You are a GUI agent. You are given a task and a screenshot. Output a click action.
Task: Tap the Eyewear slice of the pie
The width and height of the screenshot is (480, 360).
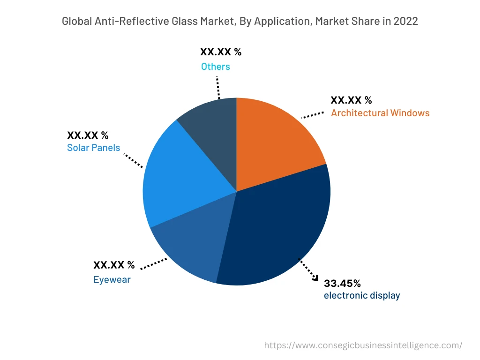pyautogui.click(x=192, y=244)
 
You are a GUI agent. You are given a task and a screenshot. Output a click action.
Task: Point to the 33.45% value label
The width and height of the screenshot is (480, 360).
pyautogui.click(x=342, y=283)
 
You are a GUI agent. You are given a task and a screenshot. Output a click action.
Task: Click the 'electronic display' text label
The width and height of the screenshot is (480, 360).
pyautogui.click(x=362, y=295)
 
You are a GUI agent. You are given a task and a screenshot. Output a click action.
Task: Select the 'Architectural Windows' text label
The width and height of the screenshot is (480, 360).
pyautogui.click(x=380, y=113)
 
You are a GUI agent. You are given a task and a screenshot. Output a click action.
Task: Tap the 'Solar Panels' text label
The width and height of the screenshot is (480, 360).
pyautogui.click(x=93, y=148)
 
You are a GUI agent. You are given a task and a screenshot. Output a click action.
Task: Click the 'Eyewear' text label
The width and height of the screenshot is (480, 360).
pyautogui.click(x=112, y=280)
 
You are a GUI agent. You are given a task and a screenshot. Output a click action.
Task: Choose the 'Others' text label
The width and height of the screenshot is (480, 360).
pyautogui.click(x=216, y=67)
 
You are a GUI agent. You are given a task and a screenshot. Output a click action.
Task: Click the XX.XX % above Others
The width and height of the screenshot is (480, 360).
pyautogui.click(x=221, y=52)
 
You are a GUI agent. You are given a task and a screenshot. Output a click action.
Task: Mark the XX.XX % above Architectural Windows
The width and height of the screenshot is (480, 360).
pyautogui.click(x=351, y=100)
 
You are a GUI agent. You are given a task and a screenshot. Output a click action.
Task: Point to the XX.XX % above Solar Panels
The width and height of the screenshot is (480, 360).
pyautogui.click(x=88, y=135)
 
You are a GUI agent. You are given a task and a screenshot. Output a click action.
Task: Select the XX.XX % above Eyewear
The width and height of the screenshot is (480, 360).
pyautogui.click(x=114, y=265)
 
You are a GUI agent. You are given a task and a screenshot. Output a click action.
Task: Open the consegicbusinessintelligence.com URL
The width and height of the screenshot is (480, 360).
pyautogui.click(x=363, y=345)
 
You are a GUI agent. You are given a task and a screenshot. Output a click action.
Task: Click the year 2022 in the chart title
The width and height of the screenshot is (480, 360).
pyautogui.click(x=405, y=22)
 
